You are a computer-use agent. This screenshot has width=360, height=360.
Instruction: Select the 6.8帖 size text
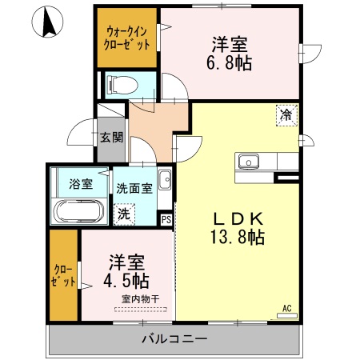[x=231, y=62]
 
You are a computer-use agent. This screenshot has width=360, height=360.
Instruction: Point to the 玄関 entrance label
[x=111, y=136]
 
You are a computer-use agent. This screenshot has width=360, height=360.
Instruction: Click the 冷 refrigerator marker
[x=286, y=115]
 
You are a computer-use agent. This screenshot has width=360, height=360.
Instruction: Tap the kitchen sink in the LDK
[x=248, y=161]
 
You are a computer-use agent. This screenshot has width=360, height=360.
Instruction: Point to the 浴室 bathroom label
[x=81, y=184]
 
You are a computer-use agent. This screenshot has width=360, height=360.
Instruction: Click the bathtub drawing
[x=79, y=212]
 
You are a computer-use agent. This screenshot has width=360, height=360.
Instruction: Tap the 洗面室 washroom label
[x=134, y=189]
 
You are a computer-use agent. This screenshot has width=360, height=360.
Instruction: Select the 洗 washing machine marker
[x=124, y=214]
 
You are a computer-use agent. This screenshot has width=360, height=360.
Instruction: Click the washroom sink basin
[x=164, y=179]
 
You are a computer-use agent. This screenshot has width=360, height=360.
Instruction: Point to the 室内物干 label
[x=140, y=299]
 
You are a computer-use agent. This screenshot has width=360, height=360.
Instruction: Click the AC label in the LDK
[x=287, y=306]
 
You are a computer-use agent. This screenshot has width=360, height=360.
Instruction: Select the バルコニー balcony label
[x=174, y=339]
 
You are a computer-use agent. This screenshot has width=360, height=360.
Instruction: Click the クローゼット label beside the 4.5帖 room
[x=63, y=275]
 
